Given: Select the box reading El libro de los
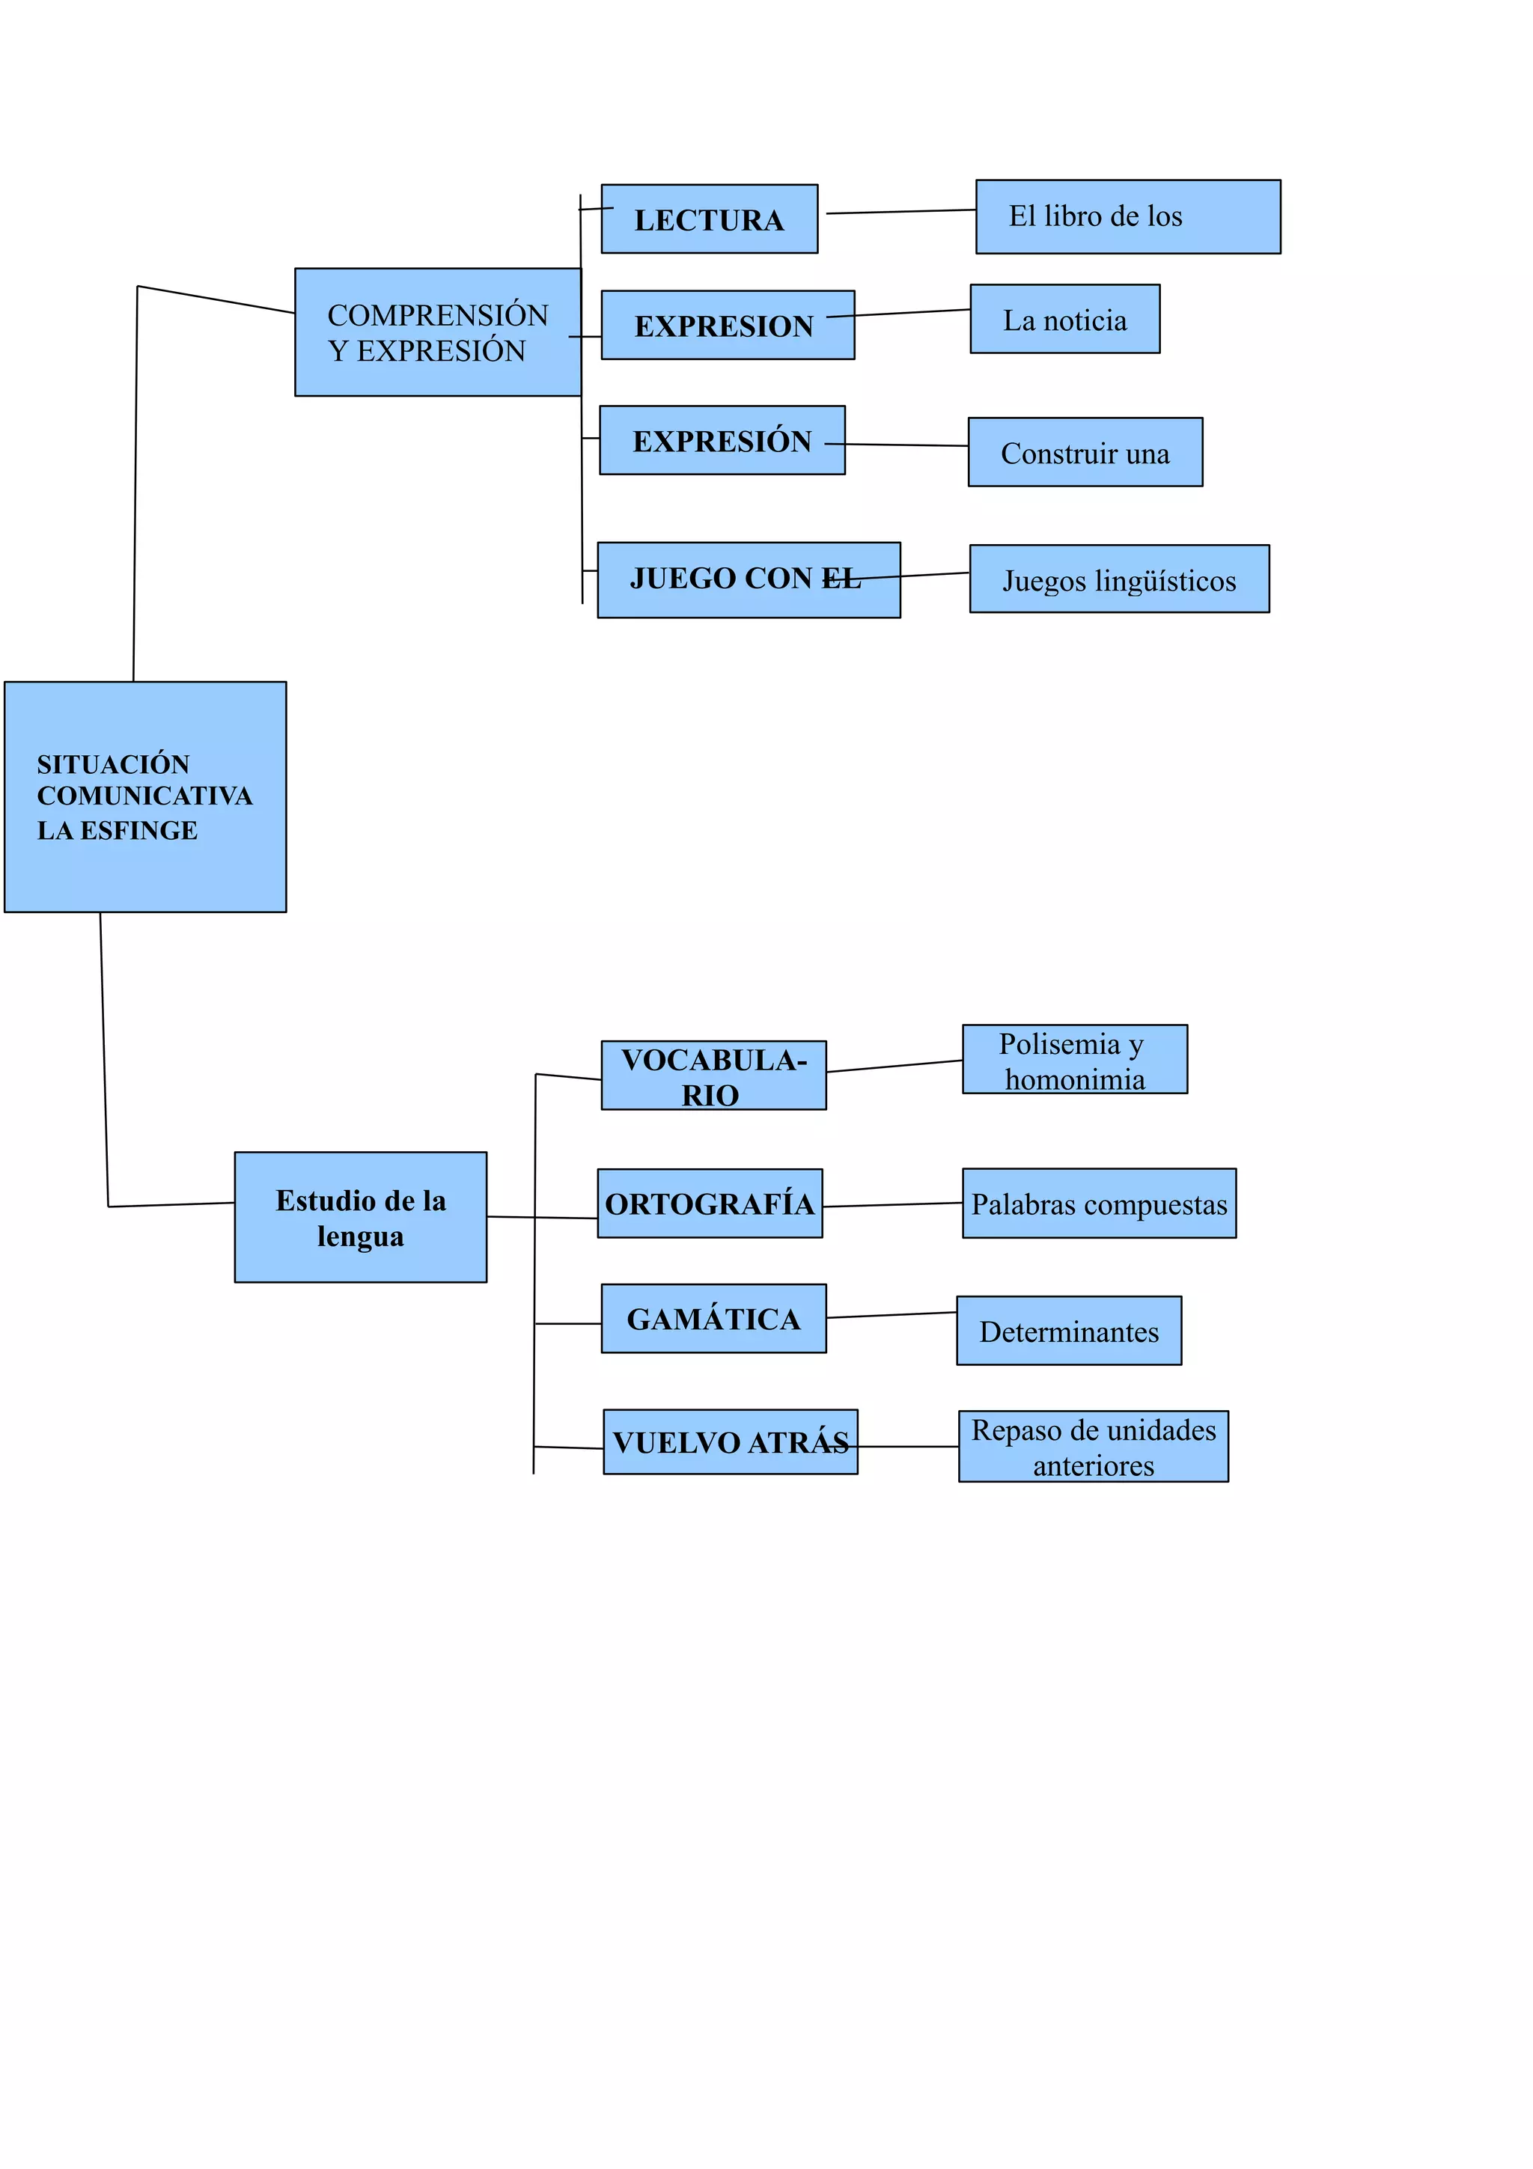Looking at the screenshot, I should point(1128,216).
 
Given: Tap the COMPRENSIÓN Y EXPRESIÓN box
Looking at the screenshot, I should point(437,332).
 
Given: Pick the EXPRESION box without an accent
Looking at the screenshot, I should point(728,325).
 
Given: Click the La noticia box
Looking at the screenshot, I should point(1064,320).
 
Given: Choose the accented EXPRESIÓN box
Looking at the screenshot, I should point(722,440).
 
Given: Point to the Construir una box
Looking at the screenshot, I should point(1085,453).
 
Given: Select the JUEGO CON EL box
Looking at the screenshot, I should point(748,580).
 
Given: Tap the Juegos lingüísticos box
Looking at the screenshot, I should point(1118,579).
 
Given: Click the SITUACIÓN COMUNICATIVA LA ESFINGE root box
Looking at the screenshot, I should point(144,796).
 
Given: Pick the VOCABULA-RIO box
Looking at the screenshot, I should point(713,1075).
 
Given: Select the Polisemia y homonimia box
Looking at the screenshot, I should point(1074,1059).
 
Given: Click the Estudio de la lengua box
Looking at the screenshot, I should point(360,1217).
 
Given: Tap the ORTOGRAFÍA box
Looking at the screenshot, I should point(710,1204).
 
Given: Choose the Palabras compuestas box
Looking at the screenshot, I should point(1099,1204).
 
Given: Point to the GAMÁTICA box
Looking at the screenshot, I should point(713,1319).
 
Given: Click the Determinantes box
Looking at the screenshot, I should point(1068,1330).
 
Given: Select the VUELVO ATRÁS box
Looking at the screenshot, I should point(730,1442).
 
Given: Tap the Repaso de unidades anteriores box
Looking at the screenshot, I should point(1093,1446).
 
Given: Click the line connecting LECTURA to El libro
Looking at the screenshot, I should point(900,212).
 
